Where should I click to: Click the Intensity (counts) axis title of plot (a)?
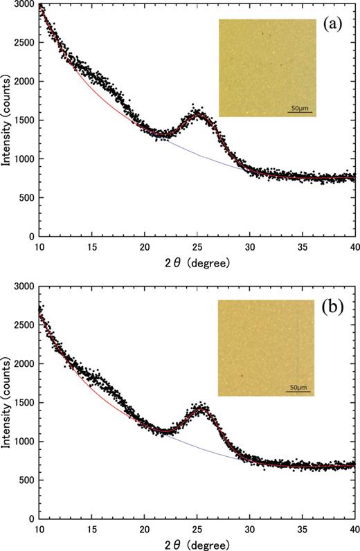pos(6,121)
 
